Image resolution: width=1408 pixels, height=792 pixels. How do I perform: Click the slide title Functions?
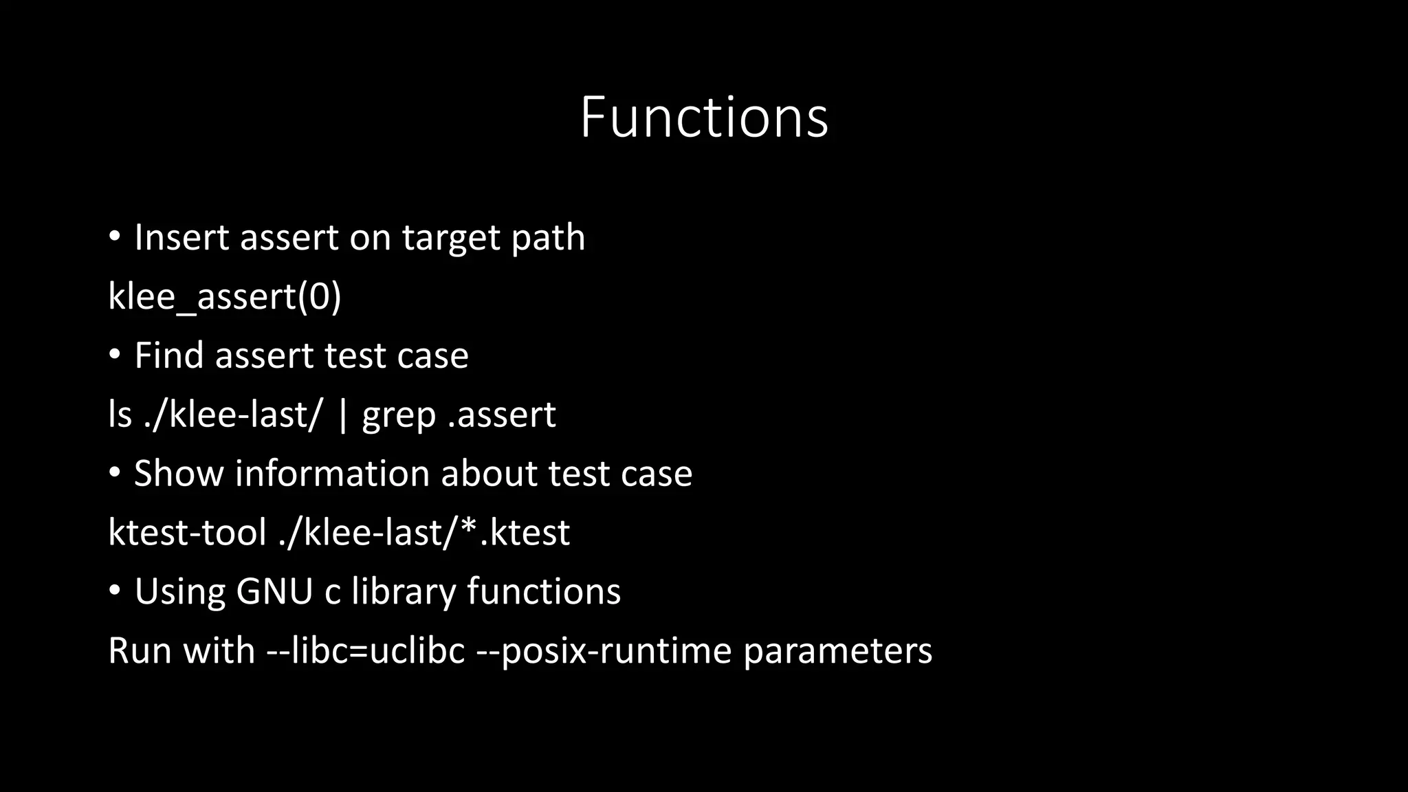[x=704, y=118]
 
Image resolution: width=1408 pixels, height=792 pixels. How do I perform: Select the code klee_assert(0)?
[x=225, y=297]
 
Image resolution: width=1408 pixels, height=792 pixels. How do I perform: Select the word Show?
[x=179, y=474]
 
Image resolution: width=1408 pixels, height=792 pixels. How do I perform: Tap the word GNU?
[x=274, y=592]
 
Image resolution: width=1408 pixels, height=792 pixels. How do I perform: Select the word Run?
[x=140, y=651]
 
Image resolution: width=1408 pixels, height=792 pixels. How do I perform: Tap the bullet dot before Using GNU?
[x=115, y=591]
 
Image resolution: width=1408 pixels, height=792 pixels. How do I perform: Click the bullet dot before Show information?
[x=115, y=472]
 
